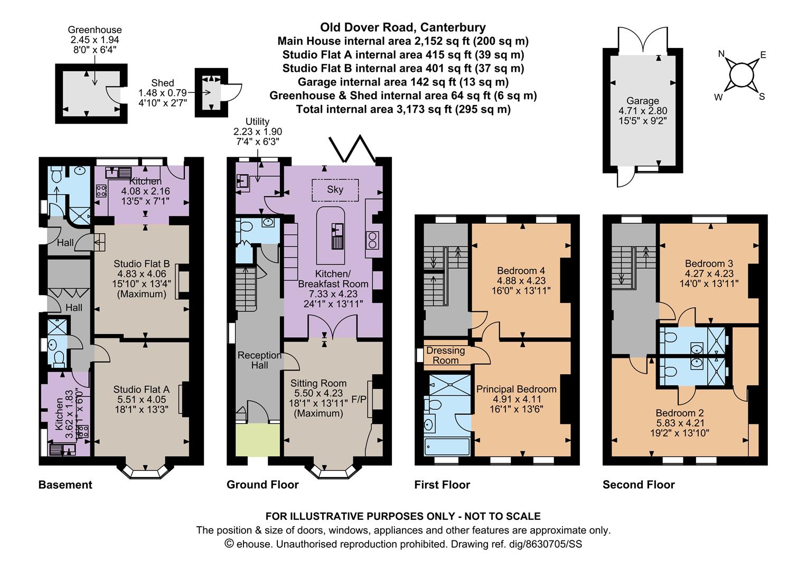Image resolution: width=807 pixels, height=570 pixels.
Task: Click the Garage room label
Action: coord(643,101)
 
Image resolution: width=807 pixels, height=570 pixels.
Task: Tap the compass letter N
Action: coord(721,54)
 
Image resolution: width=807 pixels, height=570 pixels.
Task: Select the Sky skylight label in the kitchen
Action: coord(335,189)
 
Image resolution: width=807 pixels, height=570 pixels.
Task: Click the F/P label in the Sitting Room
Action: coord(359,399)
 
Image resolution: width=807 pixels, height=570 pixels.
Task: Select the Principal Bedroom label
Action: coord(516,389)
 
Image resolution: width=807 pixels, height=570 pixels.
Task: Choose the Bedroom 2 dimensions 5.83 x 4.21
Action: coord(680,423)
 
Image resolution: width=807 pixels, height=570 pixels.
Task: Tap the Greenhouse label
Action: coord(95,30)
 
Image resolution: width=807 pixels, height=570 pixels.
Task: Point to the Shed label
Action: coord(162,83)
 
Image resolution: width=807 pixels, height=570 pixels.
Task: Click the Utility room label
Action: coord(258,122)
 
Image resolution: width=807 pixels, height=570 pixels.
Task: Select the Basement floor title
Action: coord(65,484)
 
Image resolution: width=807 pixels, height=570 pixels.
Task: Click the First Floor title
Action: coord(442,484)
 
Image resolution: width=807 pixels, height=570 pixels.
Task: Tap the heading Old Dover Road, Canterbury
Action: coord(403,27)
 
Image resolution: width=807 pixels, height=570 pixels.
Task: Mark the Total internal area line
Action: coord(403,109)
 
